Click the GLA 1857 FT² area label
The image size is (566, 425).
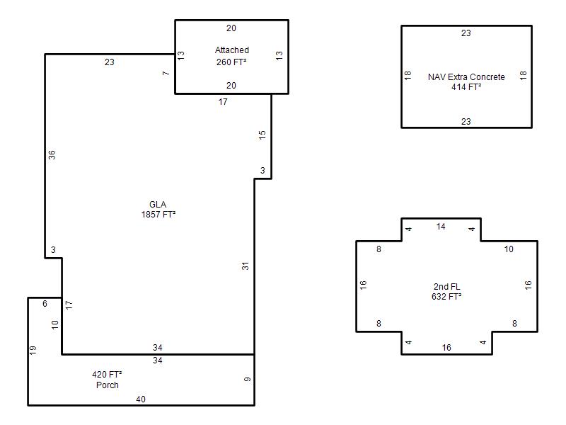coord(158,210)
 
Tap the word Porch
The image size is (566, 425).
coord(108,385)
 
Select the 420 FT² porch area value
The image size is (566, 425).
coord(107,375)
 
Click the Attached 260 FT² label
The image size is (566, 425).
coord(232,56)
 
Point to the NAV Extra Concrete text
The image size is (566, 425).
coord(466,77)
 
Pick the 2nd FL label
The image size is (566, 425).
coord(447,287)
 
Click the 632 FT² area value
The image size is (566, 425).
coord(446,297)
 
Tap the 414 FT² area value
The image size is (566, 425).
coord(466,86)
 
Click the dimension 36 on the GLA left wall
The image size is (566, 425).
coord(52,154)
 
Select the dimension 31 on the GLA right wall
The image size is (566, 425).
coord(246,266)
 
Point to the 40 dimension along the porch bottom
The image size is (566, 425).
coord(141,399)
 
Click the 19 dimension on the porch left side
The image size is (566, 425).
coord(33,350)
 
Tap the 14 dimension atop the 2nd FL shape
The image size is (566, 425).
coord(441,227)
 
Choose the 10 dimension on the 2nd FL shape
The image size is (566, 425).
coord(509,249)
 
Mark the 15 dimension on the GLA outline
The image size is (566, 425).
coord(262,135)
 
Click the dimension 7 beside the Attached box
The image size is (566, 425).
coord(166,74)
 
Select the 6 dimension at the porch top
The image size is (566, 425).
coord(45,304)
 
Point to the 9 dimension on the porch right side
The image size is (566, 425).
coord(247,379)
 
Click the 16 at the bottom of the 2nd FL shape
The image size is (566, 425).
coord(446,348)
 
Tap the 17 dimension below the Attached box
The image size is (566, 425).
coord(223,102)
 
